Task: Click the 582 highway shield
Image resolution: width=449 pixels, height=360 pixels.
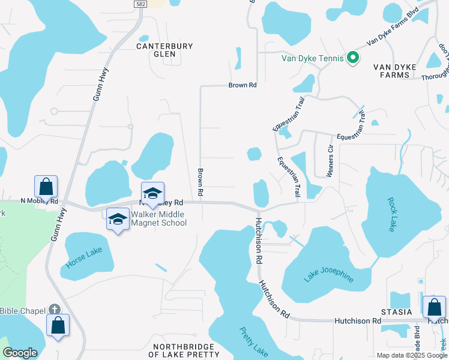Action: pos(140,4)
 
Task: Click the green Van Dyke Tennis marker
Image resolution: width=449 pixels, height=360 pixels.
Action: pos(352,58)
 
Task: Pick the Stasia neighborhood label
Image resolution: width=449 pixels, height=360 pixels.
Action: pos(397,312)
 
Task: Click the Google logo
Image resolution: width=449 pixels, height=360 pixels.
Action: pos(20,353)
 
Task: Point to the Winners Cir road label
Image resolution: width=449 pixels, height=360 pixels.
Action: pos(330,161)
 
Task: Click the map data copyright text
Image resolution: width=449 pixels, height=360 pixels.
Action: pos(412,355)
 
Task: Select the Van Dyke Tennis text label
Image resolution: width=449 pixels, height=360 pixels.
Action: pos(313,58)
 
